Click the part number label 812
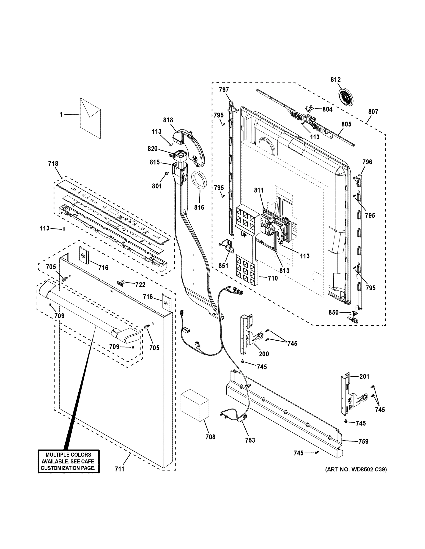click(335, 80)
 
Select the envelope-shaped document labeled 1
click(90, 118)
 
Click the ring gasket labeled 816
click(199, 180)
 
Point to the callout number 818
click(168, 120)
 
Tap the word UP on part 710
click(244, 236)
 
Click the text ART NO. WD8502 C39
click(356, 469)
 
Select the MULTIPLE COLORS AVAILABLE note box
click(69, 461)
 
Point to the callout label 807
click(373, 112)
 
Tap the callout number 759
click(363, 441)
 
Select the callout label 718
click(53, 164)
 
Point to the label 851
click(223, 266)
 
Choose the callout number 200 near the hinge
click(264, 354)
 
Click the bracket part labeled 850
click(354, 316)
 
